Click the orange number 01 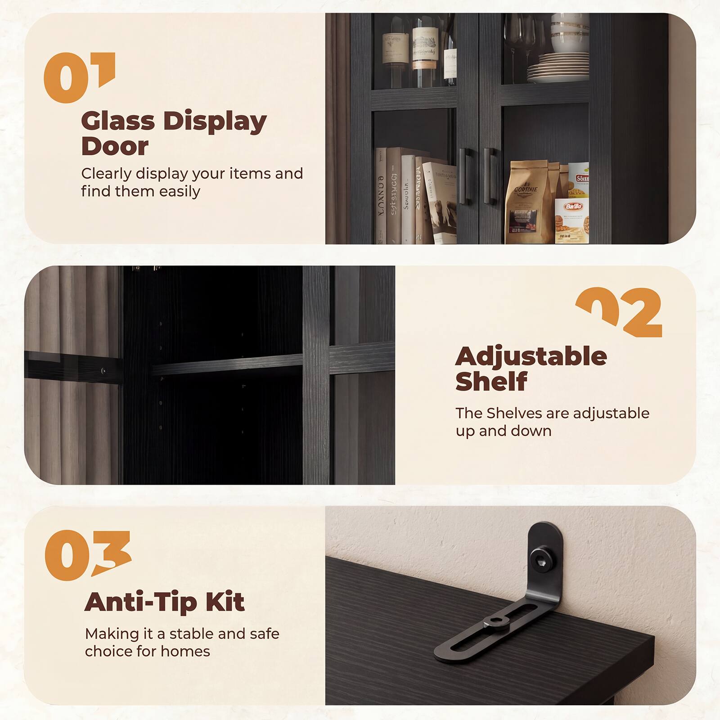tap(79, 77)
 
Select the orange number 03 tap(87, 555)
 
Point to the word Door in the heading tap(115, 147)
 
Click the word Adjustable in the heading tap(531, 357)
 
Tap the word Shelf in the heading tap(491, 382)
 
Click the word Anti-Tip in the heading tap(141, 602)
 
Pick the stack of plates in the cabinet tap(558, 67)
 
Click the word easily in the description tap(179, 192)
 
